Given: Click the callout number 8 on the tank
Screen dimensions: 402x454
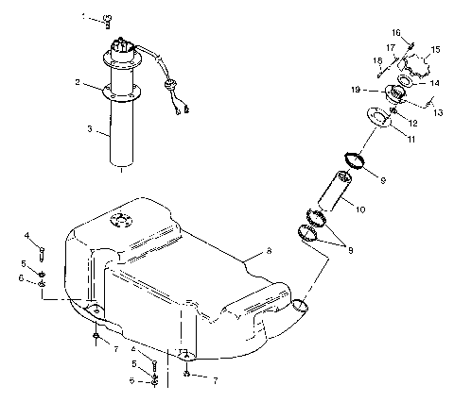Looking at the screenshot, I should point(270,253).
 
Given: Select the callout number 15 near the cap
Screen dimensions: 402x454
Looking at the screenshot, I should point(436,49).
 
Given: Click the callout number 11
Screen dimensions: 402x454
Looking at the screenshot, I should point(411,139).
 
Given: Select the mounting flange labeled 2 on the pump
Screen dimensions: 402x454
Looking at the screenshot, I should point(124,92).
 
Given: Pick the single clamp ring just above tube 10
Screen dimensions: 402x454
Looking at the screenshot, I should point(351,161).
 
